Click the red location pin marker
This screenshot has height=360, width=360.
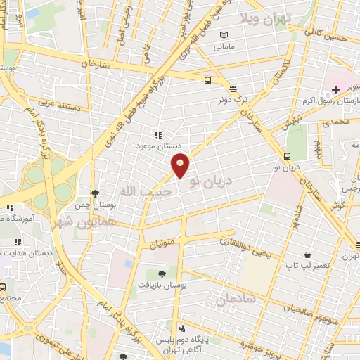(181, 165)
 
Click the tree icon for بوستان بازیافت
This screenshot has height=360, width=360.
(162, 274)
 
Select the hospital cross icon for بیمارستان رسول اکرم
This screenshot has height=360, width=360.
(335, 89)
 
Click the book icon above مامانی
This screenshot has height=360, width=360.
(224, 36)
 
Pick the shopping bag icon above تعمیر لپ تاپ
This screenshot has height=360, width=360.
(307, 255)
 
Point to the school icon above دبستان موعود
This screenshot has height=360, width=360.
(157, 134)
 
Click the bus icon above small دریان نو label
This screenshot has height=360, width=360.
(287, 156)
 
